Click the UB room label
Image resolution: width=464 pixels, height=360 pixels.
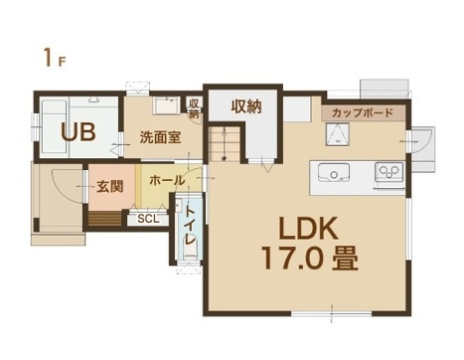tap(78, 132)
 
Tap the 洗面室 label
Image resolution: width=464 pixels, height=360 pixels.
tap(160, 137)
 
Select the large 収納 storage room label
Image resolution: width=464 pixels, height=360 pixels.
tap(246, 106)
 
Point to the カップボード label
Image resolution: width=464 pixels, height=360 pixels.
tap(363, 113)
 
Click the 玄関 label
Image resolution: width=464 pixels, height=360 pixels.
tap(110, 187)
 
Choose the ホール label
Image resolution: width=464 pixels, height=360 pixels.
tap(167, 181)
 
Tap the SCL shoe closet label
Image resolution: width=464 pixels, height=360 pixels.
tap(148, 219)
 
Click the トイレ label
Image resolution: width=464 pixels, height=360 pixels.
tap(190, 226)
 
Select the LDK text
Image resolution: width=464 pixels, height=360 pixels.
tap(308, 228)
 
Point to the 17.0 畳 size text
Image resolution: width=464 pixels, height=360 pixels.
tap(310, 258)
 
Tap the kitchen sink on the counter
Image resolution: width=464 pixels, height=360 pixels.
tap(334, 173)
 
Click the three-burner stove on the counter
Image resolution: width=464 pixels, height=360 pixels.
tap(388, 172)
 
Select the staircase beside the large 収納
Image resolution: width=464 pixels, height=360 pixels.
tap(225, 143)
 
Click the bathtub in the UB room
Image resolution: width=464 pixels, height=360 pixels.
tap(54, 126)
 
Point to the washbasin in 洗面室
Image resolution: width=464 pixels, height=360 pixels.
tap(166, 105)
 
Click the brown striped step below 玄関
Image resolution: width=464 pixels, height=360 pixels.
tap(105, 220)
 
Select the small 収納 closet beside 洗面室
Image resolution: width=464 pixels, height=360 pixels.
tap(193, 108)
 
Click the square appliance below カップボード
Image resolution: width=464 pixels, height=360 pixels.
tap(338, 134)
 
